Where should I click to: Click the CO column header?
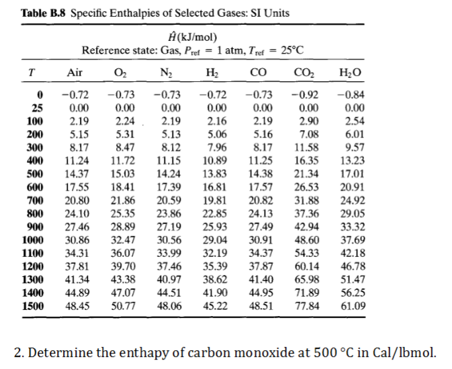(258, 72)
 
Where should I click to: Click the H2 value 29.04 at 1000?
(214, 240)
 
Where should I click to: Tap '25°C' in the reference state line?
(289, 50)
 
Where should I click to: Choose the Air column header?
(77, 72)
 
